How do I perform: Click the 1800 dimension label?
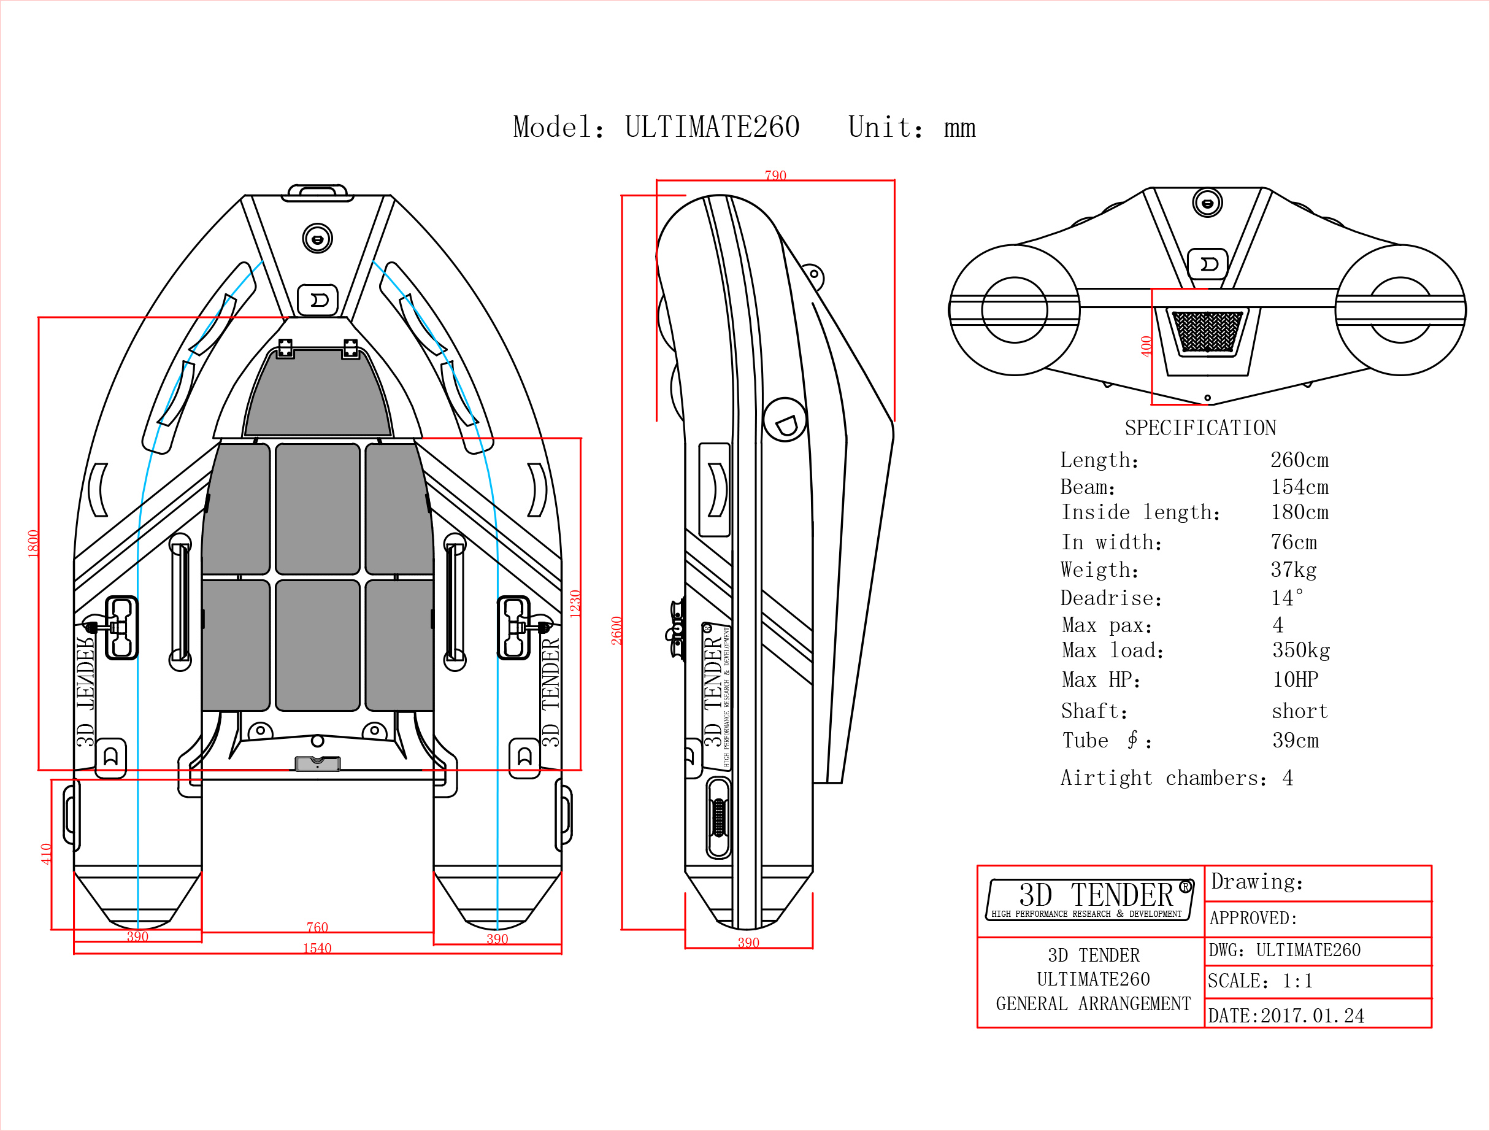33,544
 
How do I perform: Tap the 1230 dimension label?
575,604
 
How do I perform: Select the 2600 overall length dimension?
616,630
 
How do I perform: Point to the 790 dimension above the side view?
775,176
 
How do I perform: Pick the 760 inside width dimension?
317,927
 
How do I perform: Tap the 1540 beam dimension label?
317,948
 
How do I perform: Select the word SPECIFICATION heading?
1200,427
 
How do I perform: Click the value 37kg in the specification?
1293,569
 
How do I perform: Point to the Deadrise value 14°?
1286,597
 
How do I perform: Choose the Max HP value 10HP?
1296,679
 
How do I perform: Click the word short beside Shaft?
1299,711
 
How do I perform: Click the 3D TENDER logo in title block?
1090,899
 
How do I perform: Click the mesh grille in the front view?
1207,331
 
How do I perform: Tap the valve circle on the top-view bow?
317,239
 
